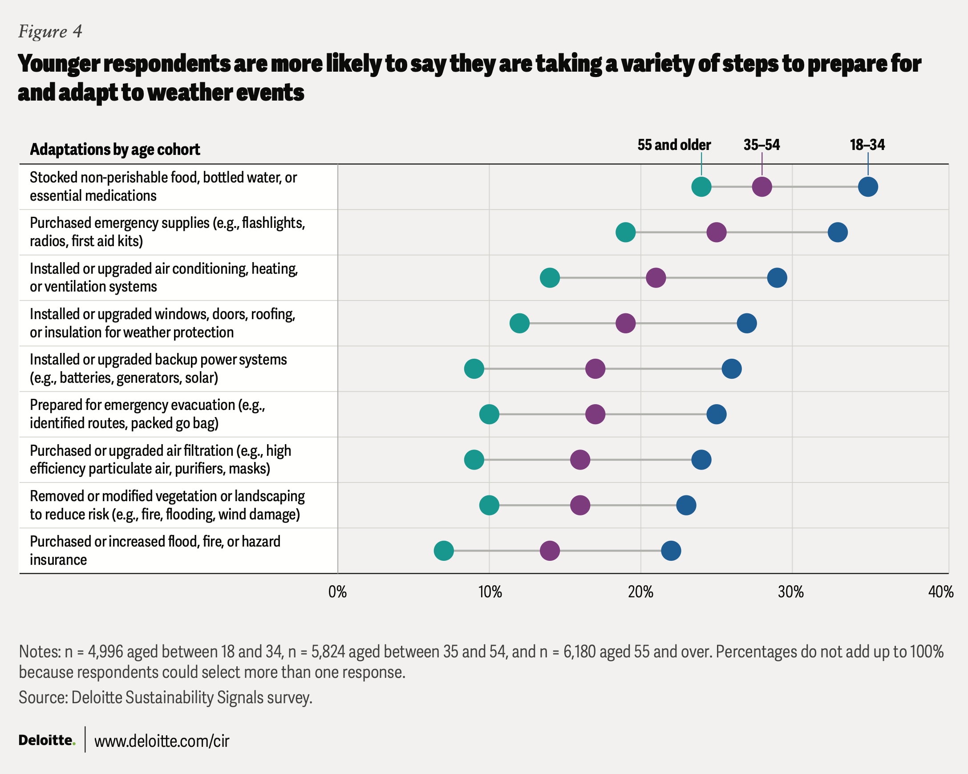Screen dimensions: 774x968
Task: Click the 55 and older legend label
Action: [x=674, y=145]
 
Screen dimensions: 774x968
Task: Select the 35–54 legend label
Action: [x=761, y=145]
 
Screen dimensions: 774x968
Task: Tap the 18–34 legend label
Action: [x=867, y=145]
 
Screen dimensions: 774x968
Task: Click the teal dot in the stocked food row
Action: [x=701, y=187]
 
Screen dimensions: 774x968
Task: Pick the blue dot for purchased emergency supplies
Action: [x=838, y=233]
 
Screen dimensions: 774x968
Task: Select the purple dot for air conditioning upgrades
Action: [x=656, y=278]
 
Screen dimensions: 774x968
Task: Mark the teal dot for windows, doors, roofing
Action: [x=519, y=323]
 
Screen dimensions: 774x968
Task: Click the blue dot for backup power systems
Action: [x=732, y=369]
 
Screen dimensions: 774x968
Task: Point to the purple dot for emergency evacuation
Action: [x=595, y=414]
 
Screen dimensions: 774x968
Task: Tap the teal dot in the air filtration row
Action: [x=474, y=460]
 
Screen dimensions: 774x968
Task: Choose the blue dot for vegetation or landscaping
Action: [x=686, y=506]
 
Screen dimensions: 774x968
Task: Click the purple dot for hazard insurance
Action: [x=550, y=551]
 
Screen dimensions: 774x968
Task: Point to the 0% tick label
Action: [x=338, y=592]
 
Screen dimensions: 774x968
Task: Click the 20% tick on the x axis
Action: [x=641, y=592]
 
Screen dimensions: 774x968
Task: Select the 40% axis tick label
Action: [x=940, y=592]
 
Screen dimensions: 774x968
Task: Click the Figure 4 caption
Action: [x=50, y=32]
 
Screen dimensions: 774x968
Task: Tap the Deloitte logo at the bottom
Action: [x=47, y=740]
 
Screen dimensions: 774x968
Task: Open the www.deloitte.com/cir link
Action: [x=162, y=741]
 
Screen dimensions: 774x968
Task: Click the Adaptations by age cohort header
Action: [x=115, y=150]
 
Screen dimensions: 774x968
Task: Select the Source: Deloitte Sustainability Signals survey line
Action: [x=165, y=698]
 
